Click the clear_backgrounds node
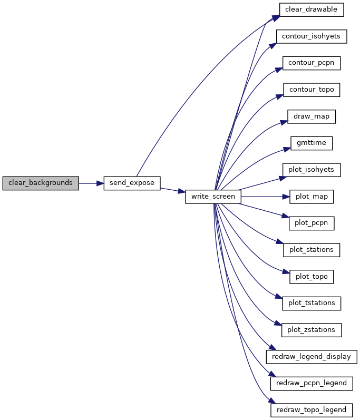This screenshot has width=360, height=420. (41, 183)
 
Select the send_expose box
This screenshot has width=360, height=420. (132, 183)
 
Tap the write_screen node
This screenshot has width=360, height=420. (213, 197)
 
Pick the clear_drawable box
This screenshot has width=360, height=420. (312, 9)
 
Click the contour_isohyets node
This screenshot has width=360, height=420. (312, 36)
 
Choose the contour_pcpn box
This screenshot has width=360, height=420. (312, 63)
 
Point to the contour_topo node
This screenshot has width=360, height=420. (312, 90)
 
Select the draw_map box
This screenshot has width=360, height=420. (312, 116)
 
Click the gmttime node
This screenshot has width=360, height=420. (312, 143)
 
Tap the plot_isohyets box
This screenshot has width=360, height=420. (312, 170)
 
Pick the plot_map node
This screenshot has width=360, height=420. (312, 197)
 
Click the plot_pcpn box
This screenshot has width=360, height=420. (312, 223)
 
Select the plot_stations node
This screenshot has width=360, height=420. (312, 250)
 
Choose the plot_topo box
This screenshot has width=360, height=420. (312, 277)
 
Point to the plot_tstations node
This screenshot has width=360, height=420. (312, 303)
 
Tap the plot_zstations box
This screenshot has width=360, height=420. (312, 330)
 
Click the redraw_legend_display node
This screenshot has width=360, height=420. (312, 357)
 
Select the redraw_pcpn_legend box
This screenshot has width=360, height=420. (312, 383)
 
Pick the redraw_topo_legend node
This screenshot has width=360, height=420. (312, 410)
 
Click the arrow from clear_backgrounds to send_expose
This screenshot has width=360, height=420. (91, 183)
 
